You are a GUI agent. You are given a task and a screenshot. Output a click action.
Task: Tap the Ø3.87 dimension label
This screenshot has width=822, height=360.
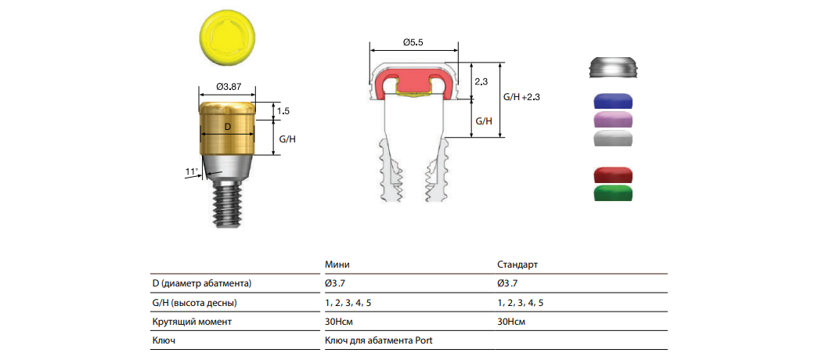(x=228, y=86)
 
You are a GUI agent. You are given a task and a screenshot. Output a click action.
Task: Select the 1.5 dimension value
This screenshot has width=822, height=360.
(x=283, y=111)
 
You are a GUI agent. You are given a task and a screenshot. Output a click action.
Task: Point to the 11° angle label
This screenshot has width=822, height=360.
(x=192, y=171)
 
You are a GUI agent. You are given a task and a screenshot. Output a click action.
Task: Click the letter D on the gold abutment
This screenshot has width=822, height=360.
(x=227, y=127)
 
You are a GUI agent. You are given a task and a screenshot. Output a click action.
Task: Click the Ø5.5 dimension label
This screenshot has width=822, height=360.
(x=414, y=43)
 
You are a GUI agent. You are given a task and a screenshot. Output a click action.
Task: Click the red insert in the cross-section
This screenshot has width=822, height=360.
(x=414, y=84)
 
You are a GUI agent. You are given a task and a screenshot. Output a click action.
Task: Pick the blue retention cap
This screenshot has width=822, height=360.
(x=613, y=103)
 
